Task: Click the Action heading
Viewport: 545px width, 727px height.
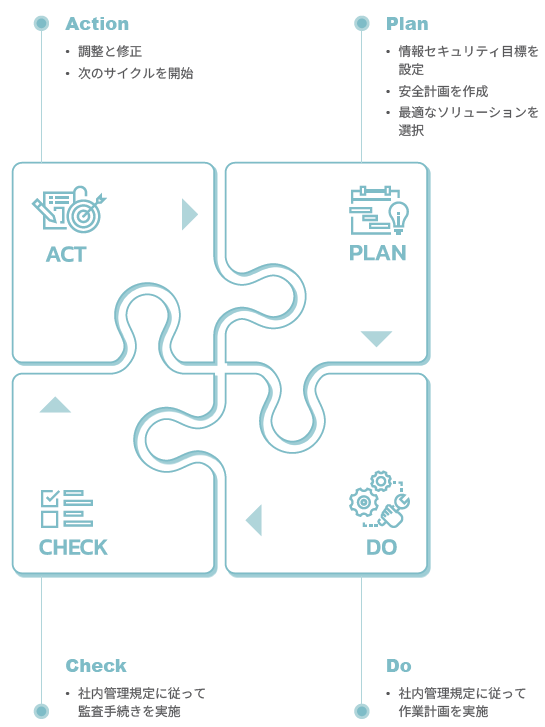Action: click(x=97, y=24)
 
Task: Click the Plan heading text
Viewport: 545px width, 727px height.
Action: click(x=407, y=24)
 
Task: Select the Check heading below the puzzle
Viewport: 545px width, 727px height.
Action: click(x=96, y=665)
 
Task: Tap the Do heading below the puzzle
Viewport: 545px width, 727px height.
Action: click(x=399, y=665)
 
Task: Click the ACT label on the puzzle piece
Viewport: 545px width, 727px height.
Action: click(x=66, y=254)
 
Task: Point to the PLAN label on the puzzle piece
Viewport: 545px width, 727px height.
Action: click(x=378, y=253)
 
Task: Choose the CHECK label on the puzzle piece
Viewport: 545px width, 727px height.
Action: click(x=73, y=547)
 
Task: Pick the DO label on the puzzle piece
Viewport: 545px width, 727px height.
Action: click(x=382, y=547)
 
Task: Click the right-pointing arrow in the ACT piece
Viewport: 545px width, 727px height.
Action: click(x=189, y=214)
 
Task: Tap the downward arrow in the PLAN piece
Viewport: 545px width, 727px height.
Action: click(x=377, y=338)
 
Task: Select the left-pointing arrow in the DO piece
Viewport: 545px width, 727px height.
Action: click(x=254, y=520)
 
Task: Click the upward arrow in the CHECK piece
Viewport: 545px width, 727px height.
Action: click(x=55, y=404)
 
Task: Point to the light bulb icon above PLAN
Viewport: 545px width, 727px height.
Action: click(x=399, y=217)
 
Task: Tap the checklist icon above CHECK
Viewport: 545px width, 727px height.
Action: click(x=67, y=509)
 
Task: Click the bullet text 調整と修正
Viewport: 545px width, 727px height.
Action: click(x=110, y=51)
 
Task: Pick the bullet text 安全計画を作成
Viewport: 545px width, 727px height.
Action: click(x=443, y=91)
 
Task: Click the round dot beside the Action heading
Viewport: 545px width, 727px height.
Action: click(x=42, y=23)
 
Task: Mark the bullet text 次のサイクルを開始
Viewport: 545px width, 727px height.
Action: click(x=135, y=73)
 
